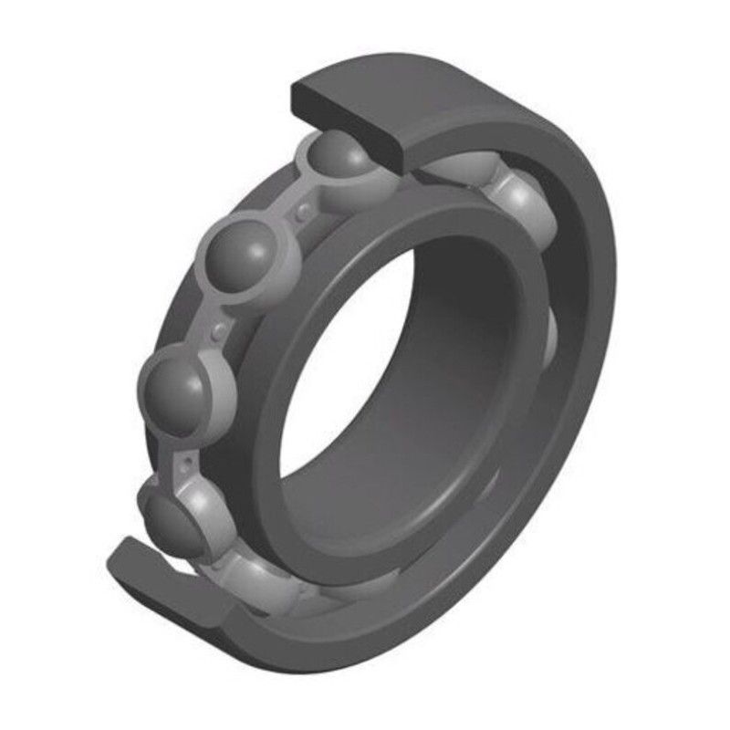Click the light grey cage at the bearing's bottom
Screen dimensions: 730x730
(x=274, y=584)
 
